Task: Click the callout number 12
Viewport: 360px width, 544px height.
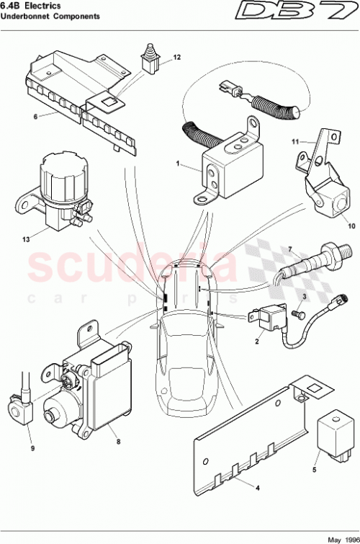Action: [x=177, y=56]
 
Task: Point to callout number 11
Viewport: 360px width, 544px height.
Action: [x=296, y=143]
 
